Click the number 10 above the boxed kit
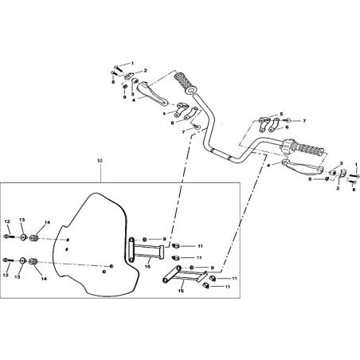tap(100, 161)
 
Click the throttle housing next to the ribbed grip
tap(286, 147)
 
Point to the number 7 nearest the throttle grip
tap(304, 121)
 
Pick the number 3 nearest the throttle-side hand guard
tap(342, 163)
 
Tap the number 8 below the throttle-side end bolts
tap(354, 190)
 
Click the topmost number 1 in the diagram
tap(133, 63)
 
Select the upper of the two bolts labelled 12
tap(9, 236)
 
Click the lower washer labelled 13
tap(23, 260)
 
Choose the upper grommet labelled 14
tap(33, 238)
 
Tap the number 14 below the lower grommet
tap(44, 279)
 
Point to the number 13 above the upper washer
tap(22, 220)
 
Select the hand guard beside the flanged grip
tap(151, 94)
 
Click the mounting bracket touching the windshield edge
tap(146, 249)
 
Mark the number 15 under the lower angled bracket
tap(181, 291)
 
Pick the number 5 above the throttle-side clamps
tap(281, 114)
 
